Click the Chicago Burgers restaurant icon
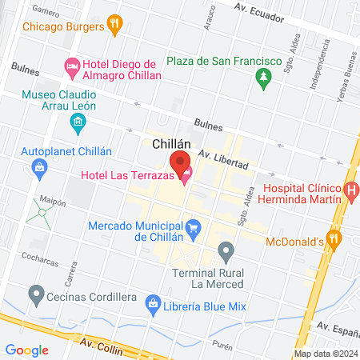(114, 26)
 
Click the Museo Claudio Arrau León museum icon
(78, 122)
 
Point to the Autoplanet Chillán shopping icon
(38, 167)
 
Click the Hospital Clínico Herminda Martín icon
(351, 190)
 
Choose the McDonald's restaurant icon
(334, 238)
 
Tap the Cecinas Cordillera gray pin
(35, 295)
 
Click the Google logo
(26, 350)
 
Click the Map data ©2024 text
(324, 354)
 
